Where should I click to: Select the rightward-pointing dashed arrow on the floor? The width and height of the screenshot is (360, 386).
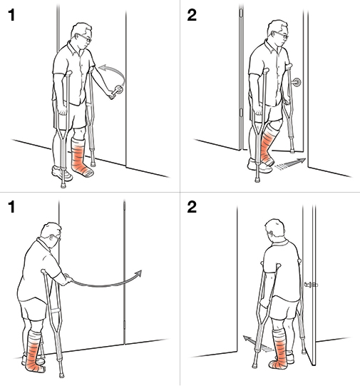point(292,163)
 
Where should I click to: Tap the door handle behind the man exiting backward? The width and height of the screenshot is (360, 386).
point(310,285)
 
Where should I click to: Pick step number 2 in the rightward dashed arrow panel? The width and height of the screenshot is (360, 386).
point(191,16)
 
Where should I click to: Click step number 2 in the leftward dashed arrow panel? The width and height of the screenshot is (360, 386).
point(191,210)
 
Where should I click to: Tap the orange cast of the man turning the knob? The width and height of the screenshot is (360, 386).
point(81,158)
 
